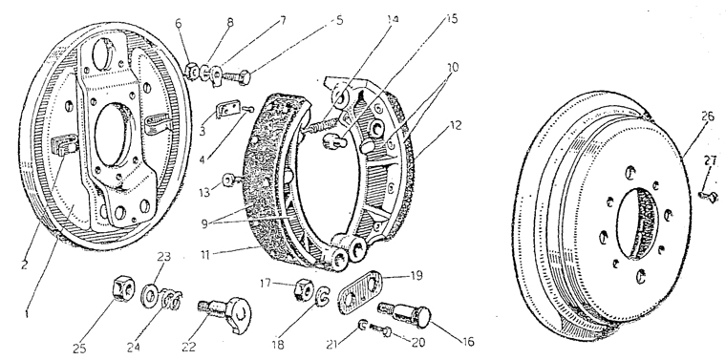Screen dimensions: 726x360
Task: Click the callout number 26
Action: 707,116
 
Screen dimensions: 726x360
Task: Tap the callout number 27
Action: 710,160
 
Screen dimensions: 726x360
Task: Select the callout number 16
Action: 468,342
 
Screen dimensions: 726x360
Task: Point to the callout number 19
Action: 416,275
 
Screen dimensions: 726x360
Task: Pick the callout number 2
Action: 25,265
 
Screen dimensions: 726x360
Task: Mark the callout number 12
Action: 455,125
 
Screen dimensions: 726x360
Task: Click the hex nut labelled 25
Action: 122,289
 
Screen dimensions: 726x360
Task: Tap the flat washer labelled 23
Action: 150,295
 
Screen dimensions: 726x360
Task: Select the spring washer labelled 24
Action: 171,301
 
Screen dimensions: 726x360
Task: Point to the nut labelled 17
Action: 304,289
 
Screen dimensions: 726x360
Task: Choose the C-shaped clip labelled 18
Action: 323,297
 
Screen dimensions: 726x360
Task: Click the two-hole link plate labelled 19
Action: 360,293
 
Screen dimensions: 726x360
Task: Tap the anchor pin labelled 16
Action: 405,314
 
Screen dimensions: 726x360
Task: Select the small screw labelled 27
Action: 708,197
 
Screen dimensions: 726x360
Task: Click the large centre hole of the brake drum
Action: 637,223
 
